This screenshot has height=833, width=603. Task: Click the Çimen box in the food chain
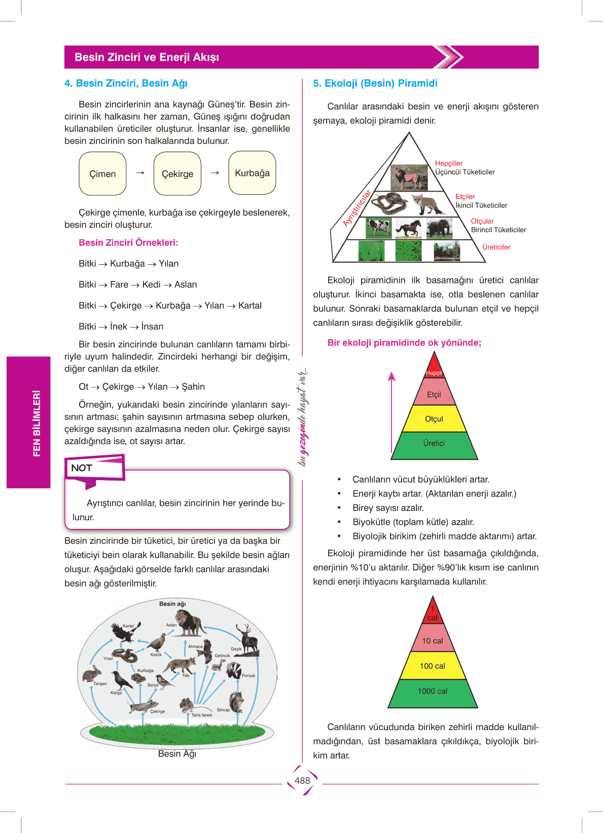(x=102, y=173)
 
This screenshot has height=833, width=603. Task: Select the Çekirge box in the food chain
(x=178, y=173)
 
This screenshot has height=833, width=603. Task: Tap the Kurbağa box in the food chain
(x=252, y=173)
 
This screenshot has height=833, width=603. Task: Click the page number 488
(x=302, y=781)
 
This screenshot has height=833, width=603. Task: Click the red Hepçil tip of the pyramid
(x=434, y=368)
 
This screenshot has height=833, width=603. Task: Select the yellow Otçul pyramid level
(x=434, y=419)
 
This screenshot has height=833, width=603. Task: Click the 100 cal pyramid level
(x=433, y=666)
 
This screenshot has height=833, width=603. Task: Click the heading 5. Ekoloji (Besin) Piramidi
(x=375, y=83)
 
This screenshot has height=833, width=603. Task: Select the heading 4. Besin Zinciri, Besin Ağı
(x=126, y=83)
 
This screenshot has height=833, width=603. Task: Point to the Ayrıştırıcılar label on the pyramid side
(x=357, y=208)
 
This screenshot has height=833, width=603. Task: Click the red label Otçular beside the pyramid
(x=482, y=221)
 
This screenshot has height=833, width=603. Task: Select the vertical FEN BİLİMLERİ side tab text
(x=37, y=423)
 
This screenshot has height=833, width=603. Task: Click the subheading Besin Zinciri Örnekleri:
(x=128, y=243)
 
